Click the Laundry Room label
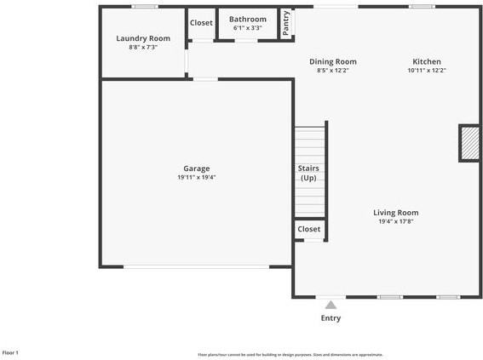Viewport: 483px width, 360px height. tap(143, 38)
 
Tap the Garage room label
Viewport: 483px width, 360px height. tap(197, 169)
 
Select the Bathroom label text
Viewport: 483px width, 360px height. tap(247, 19)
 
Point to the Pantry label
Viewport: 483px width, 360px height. tap(287, 25)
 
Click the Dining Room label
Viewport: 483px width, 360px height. tap(332, 61)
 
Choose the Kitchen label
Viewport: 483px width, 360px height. tap(427, 61)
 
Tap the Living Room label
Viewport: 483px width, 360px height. tap(396, 213)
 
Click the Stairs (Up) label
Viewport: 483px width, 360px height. tap(308, 174)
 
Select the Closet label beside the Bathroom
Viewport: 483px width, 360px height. tap(201, 23)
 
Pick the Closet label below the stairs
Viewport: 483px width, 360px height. tap(309, 229)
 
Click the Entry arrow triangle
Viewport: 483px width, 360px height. tap(331, 305)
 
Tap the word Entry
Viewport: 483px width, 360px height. tap(331, 318)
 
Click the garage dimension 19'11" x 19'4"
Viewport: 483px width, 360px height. tap(197, 178)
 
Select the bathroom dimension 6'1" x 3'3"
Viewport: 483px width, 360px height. tap(247, 28)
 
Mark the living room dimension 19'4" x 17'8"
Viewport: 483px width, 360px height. tap(396, 222)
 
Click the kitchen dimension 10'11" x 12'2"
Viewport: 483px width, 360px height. tap(427, 71)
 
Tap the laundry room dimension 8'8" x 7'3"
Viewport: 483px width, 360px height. tap(143, 48)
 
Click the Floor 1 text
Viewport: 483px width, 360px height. tap(10, 352)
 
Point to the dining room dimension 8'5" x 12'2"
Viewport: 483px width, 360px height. tap(332, 71)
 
